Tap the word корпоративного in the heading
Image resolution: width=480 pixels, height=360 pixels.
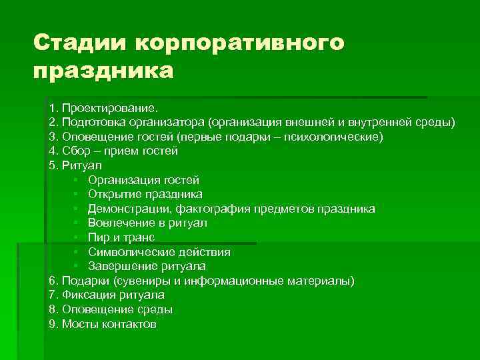pos(241,44)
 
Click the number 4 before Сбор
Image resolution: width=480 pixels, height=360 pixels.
pos(52,151)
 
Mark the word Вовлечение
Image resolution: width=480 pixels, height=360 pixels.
pos(119,223)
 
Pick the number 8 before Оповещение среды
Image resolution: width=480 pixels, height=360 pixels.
pos(52,310)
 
